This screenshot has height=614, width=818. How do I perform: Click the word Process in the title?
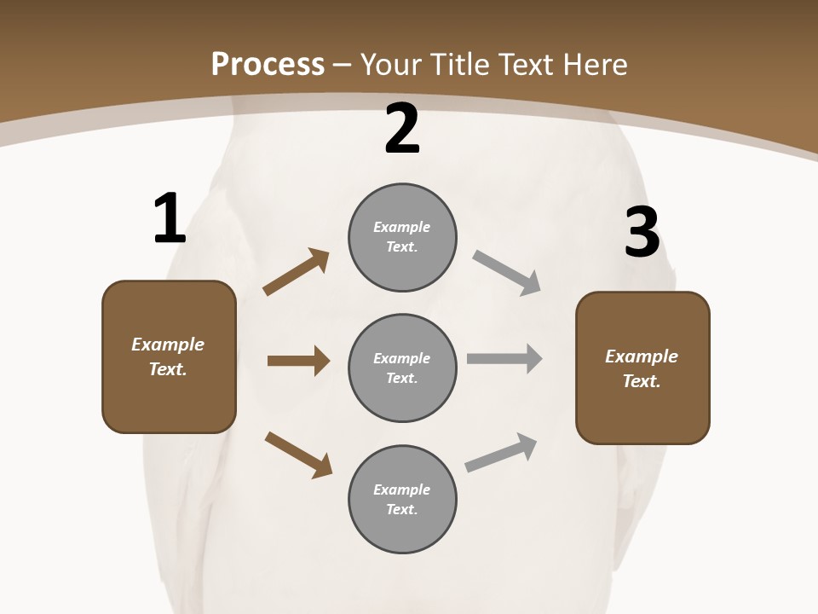tap(268, 65)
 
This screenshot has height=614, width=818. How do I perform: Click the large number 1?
tap(170, 219)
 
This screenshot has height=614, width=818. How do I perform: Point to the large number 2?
tap(402, 130)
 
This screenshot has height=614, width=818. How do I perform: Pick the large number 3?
tap(642, 233)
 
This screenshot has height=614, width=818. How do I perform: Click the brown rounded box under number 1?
tap(169, 356)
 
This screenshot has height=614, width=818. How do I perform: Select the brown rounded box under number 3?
tap(642, 368)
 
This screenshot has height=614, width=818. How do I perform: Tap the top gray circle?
tap(402, 237)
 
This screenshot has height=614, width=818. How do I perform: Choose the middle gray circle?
tap(402, 368)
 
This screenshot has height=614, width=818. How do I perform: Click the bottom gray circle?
tap(402, 499)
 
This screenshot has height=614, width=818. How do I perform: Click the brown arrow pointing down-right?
tap(298, 455)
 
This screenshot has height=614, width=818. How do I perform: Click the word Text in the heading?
tap(527, 65)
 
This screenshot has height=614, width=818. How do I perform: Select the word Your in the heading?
tap(391, 65)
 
